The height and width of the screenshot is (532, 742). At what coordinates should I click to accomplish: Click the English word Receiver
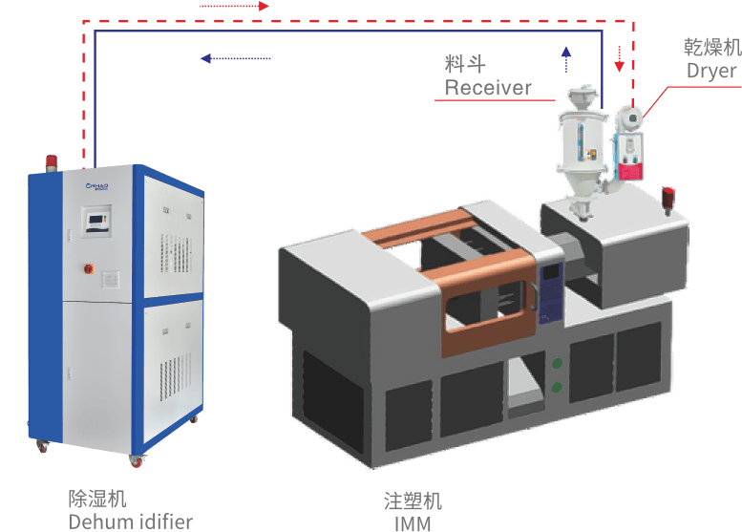(487, 88)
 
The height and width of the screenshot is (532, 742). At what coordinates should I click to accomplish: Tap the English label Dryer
(711, 71)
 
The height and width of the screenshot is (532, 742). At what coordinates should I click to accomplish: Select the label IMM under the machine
(412, 523)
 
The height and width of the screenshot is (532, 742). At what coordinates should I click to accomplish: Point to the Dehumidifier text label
(130, 521)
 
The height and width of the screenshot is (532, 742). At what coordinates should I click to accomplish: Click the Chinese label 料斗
(465, 64)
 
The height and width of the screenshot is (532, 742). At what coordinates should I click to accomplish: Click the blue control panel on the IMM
(552, 286)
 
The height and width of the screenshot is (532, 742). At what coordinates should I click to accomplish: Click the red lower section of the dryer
(629, 169)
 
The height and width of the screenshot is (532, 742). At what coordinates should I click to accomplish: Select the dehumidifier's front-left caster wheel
(44, 446)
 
